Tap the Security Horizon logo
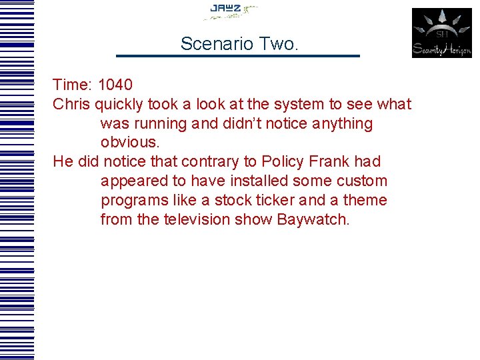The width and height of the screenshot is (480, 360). (x=441, y=33)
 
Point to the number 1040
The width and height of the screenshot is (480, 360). (x=115, y=85)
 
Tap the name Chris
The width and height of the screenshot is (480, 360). (x=71, y=105)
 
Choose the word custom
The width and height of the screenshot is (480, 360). (x=363, y=181)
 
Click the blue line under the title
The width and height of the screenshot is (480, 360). (x=237, y=55)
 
